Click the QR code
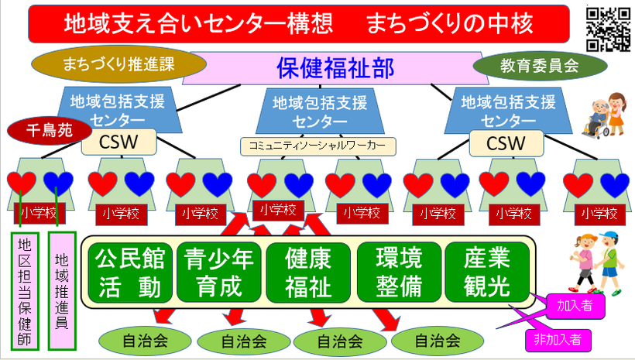click(x=608, y=29)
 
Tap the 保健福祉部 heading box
click(x=335, y=68)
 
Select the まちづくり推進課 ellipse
click(x=118, y=64)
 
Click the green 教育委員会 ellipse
click(x=540, y=66)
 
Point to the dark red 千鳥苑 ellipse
click(x=50, y=131)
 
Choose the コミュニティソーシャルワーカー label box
click(x=318, y=146)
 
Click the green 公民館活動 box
click(x=130, y=273)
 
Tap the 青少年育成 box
click(x=218, y=273)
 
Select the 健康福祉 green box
click(x=308, y=273)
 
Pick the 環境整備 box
click(x=399, y=273)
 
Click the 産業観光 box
click(x=487, y=273)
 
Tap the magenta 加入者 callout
click(x=575, y=306)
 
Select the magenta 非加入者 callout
click(x=558, y=339)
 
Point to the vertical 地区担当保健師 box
click(x=25, y=291)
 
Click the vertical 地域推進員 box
click(x=62, y=291)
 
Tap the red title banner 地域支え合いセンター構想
click(x=299, y=24)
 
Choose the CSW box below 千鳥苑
click(x=118, y=142)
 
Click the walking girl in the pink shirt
click(x=583, y=263)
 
